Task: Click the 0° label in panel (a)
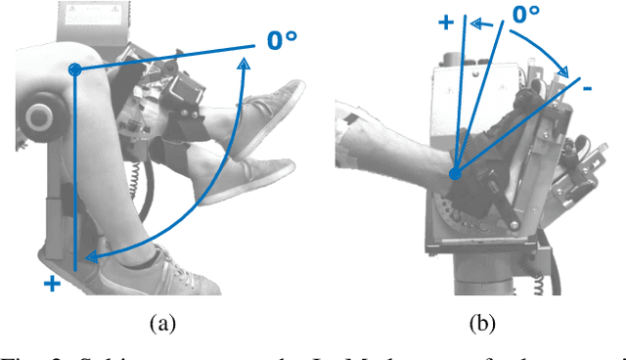tap(294, 42)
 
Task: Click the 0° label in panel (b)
tap(526, 15)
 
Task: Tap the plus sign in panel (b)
tap(445, 21)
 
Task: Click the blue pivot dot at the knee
tap(74, 69)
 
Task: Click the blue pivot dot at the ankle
tap(455, 174)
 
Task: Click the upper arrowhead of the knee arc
tap(243, 64)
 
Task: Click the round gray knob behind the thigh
tap(39, 117)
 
